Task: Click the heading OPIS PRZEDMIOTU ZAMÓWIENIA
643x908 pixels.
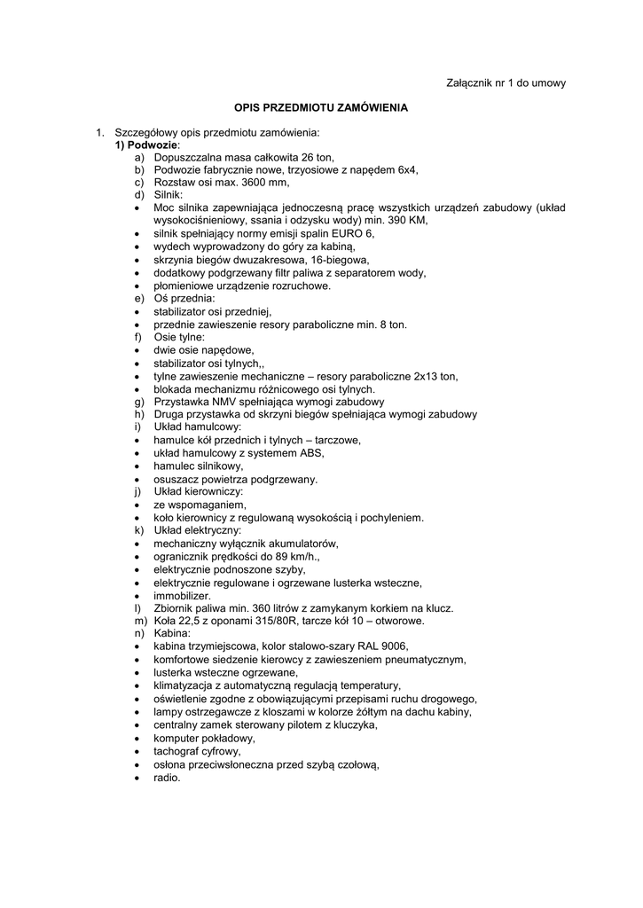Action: tap(321, 107)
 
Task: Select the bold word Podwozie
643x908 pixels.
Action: tap(153, 145)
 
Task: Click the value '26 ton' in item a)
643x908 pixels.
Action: tap(318, 157)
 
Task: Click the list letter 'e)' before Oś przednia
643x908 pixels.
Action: tap(139, 299)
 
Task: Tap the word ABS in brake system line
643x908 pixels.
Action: tap(311, 453)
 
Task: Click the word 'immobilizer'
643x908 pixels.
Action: tap(182, 595)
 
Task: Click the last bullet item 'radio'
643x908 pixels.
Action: tap(166, 778)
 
